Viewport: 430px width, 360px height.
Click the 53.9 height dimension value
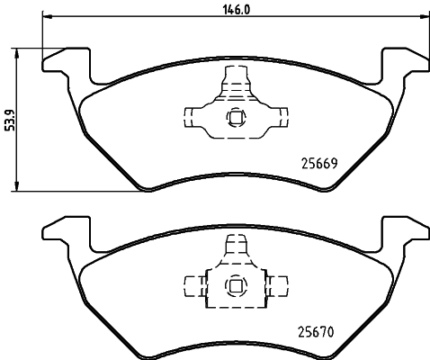click(x=9, y=118)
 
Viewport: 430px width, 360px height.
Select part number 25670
click(x=316, y=332)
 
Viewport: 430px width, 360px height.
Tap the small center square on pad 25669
click(x=235, y=115)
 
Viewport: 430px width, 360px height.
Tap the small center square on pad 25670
click(x=235, y=286)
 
